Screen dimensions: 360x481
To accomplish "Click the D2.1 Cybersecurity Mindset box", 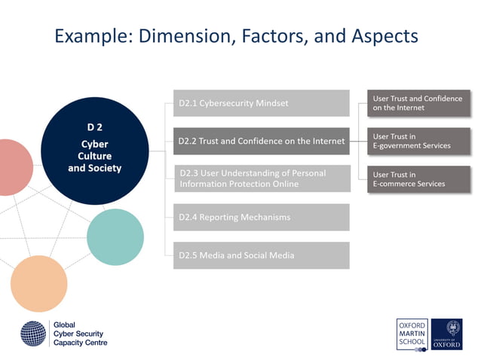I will coord(261,103).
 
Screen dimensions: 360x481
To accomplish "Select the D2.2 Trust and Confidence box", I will coord(261,141).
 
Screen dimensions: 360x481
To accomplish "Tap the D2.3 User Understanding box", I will coord(261,178).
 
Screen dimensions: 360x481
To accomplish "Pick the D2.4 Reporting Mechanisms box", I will coord(261,218).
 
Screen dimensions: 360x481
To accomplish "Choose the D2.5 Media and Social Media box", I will coord(261,255).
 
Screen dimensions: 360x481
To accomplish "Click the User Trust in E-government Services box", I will coord(418,141).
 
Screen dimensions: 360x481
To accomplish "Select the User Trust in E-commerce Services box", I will coord(418,179).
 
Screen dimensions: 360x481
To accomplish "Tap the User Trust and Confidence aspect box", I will coord(418,103).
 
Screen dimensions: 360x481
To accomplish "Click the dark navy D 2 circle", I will coord(94,151).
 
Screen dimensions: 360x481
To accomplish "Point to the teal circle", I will coord(115,236).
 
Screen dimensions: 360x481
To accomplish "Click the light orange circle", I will coord(38,283).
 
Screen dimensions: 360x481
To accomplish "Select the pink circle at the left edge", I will coord(14,167).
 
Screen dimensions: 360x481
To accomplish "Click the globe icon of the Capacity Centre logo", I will coord(33,334).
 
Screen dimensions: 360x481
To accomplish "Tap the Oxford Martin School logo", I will coord(412,334).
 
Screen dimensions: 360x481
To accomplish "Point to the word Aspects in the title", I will coord(378,36).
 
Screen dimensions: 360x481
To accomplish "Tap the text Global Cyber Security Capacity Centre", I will coord(80,334).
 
